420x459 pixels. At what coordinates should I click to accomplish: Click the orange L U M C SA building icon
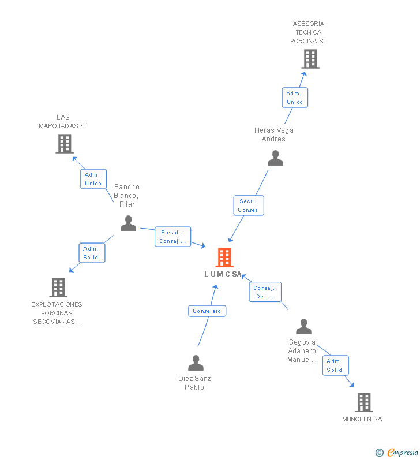pyautogui.click(x=224, y=258)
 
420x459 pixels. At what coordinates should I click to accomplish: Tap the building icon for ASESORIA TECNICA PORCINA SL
pyautogui.click(x=310, y=58)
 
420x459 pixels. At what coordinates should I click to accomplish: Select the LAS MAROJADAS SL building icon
pyautogui.click(x=65, y=144)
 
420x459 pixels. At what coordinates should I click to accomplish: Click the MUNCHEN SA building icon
pyautogui.click(x=363, y=402)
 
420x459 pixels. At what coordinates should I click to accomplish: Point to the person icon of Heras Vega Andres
pyautogui.click(x=276, y=158)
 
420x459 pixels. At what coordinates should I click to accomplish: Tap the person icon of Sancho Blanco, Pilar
pyautogui.click(x=128, y=223)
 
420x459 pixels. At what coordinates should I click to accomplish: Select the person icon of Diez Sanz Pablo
pyautogui.click(x=196, y=363)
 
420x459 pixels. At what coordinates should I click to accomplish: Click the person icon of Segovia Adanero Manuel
pyautogui.click(x=303, y=327)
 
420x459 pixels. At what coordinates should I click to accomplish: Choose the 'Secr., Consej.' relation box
pyautogui.click(x=249, y=206)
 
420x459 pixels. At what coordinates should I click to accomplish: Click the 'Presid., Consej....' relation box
pyautogui.click(x=172, y=237)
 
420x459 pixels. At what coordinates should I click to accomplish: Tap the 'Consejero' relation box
pyautogui.click(x=207, y=311)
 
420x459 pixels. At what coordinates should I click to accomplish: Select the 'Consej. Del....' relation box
pyautogui.click(x=265, y=293)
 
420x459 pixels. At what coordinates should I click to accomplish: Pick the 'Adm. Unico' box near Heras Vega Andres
pyautogui.click(x=294, y=98)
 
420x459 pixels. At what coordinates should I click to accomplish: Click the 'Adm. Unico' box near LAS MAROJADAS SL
pyautogui.click(x=93, y=179)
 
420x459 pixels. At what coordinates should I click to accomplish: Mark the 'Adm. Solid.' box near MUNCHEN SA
pyautogui.click(x=335, y=365)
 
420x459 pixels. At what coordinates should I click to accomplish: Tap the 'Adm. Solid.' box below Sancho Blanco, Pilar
pyautogui.click(x=92, y=253)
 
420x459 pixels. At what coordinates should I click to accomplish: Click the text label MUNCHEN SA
pyautogui.click(x=362, y=419)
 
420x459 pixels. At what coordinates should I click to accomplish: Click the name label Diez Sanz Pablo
pyautogui.click(x=194, y=383)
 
